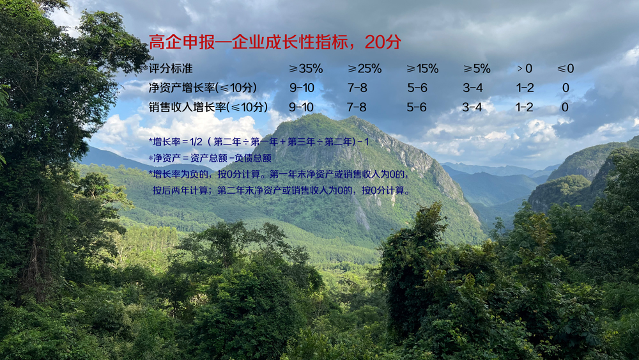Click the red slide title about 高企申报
point(275,42)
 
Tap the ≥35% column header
point(305,68)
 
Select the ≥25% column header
point(364,68)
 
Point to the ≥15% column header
point(422,68)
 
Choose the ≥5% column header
point(477,68)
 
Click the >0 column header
point(525,68)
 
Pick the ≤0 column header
point(566,68)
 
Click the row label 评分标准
point(171,68)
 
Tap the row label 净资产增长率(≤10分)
point(203,88)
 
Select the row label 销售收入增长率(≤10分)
point(208,107)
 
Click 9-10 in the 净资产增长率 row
point(302,88)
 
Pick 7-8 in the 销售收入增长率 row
point(357,107)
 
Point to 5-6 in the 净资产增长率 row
point(417,88)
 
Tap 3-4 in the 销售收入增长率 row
point(472,107)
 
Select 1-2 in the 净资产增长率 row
point(525,88)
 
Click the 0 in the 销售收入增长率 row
point(565,107)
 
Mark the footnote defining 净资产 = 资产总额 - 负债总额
point(210,158)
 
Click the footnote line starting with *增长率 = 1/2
point(259,142)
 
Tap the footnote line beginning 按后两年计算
point(282,191)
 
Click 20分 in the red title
point(383,42)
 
